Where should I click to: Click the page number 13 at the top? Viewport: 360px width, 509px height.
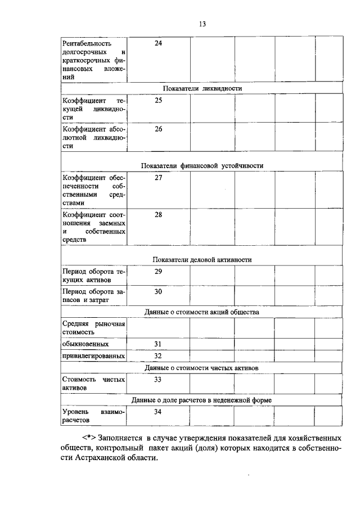tap(202, 23)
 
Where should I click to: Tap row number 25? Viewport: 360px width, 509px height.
tap(158, 100)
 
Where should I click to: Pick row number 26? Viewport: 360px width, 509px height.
tap(158, 129)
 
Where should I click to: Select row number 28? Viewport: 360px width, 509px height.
tap(158, 214)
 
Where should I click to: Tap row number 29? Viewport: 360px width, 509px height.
tap(158, 272)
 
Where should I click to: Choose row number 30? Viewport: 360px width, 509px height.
tap(158, 291)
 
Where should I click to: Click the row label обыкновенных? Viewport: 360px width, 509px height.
tap(85, 344)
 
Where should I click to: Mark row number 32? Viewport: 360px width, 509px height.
tap(158, 356)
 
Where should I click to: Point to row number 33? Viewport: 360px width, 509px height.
tap(158, 380)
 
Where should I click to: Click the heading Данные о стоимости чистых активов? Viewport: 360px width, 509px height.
tap(201, 368)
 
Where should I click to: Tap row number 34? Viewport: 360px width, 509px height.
tap(158, 412)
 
